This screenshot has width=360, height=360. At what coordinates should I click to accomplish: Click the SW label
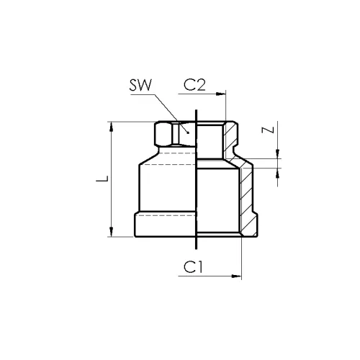pyautogui.click(x=140, y=85)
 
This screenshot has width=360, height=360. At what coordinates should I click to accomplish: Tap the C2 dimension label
pyautogui.click(x=194, y=85)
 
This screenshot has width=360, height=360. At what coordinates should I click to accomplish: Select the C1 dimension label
pyautogui.click(x=193, y=267)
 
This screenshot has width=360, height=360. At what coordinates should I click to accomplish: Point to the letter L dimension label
pyautogui.click(x=102, y=179)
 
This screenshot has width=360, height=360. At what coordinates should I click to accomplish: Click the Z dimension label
pyautogui.click(x=268, y=130)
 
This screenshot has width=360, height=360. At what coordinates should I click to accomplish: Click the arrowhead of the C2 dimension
pyautogui.click(x=221, y=94)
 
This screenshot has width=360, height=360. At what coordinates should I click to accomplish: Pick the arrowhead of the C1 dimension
pyautogui.click(x=236, y=276)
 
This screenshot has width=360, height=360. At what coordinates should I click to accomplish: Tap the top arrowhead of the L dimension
pyautogui.click(x=111, y=127)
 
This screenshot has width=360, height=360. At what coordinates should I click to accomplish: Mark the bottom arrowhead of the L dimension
pyautogui.click(x=111, y=232)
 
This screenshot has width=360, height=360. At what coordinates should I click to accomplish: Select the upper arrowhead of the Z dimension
pyautogui.click(x=278, y=154)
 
